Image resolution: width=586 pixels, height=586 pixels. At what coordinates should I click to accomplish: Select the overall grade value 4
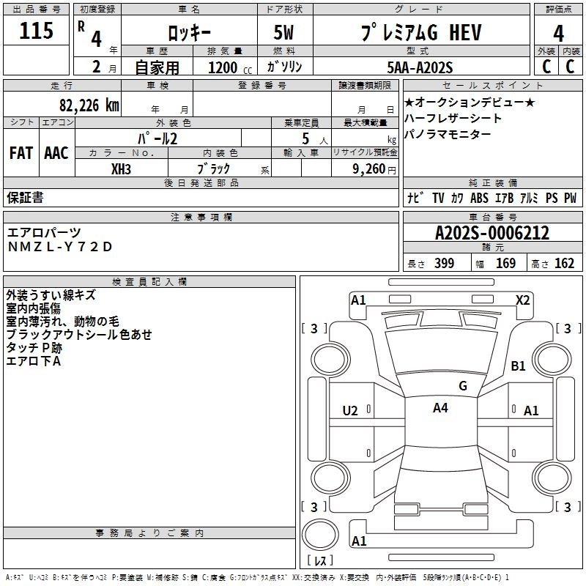tap(558, 33)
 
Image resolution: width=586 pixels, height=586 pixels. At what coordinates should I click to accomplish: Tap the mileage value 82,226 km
tap(89, 105)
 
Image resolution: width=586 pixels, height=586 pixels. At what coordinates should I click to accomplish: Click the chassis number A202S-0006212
tap(492, 234)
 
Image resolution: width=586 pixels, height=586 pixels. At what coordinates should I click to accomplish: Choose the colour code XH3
tap(122, 168)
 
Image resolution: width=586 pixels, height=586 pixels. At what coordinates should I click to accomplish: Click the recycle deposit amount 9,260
tap(368, 168)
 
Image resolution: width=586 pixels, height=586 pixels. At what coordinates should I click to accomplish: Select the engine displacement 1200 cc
tap(223, 67)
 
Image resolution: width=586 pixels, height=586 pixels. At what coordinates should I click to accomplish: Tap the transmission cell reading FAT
tap(21, 153)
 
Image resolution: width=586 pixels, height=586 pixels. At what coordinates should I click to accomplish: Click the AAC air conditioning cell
tap(56, 153)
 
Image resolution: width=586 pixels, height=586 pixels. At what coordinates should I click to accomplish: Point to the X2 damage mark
tap(522, 300)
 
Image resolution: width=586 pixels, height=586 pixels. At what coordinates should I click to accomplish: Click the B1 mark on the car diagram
tap(519, 366)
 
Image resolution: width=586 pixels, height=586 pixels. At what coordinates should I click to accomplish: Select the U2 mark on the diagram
tap(350, 411)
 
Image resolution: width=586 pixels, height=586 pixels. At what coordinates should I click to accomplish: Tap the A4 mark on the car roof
tap(440, 408)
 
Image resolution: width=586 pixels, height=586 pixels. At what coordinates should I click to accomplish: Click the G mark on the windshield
tap(462, 385)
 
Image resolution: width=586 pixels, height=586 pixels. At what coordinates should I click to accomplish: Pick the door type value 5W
tap(285, 33)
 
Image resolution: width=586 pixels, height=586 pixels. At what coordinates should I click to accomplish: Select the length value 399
tap(444, 264)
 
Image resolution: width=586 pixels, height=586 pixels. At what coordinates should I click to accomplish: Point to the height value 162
tap(564, 264)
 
